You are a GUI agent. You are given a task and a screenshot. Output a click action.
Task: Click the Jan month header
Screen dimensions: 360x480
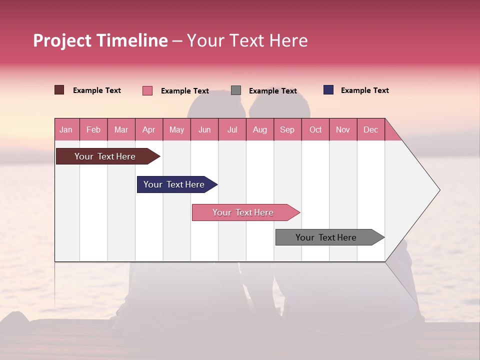tap(66, 130)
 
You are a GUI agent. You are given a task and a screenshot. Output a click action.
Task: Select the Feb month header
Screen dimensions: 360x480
tap(93, 130)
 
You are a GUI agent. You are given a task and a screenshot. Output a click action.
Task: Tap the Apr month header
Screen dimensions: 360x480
tap(149, 130)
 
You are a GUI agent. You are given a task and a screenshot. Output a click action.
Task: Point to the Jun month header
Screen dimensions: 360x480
tap(204, 130)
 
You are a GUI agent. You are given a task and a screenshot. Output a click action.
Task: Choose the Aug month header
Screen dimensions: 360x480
tap(260, 130)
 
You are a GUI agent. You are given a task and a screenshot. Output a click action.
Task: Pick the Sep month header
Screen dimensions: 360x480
tap(287, 130)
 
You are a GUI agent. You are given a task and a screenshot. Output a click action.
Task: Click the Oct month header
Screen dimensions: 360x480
tap(315, 130)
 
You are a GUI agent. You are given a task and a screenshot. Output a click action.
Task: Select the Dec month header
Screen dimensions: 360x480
tap(371, 130)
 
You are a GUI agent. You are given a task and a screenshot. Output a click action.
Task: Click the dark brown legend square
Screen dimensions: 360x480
tap(59, 90)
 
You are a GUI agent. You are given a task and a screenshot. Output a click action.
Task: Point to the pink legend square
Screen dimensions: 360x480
tap(147, 90)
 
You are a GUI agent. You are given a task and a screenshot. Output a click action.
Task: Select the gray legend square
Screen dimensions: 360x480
tap(236, 90)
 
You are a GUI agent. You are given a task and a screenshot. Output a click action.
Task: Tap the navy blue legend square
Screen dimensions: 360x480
tap(328, 90)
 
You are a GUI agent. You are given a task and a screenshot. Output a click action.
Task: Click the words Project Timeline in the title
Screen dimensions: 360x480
tap(100, 40)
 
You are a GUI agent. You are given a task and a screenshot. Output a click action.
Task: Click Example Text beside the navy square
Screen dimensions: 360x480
tap(364, 90)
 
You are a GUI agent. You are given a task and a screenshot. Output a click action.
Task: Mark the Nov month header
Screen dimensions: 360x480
tap(343, 130)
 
